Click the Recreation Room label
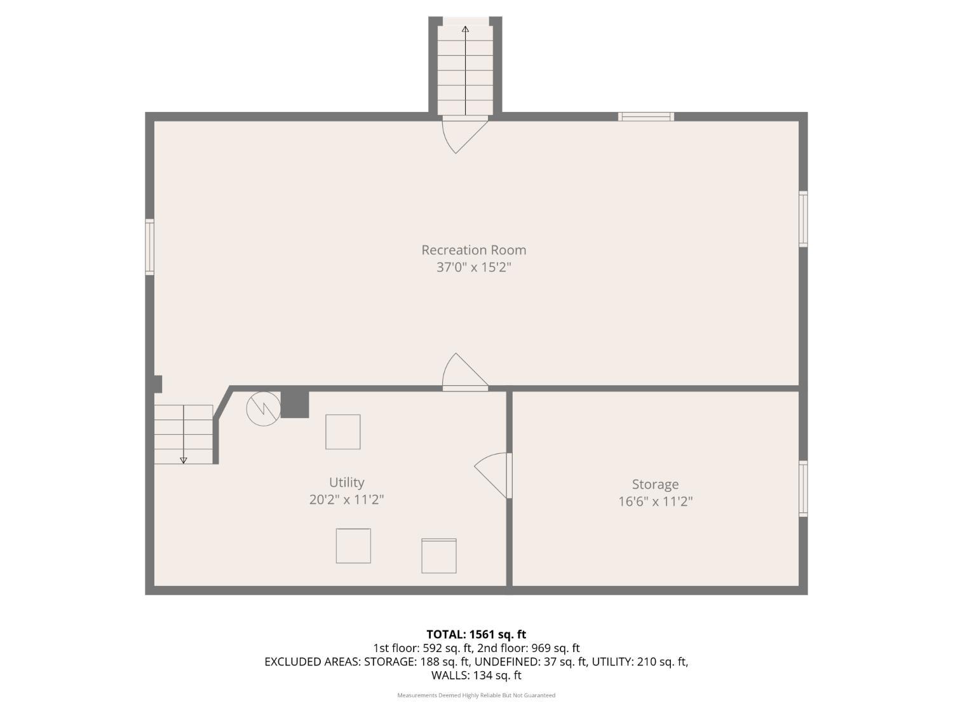(x=473, y=250)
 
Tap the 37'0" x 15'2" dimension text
(x=473, y=267)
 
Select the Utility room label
(x=346, y=482)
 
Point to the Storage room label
(x=655, y=484)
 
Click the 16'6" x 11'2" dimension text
(x=655, y=501)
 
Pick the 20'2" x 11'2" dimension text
(x=346, y=500)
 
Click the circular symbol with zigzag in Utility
(x=263, y=409)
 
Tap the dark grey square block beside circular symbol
(x=295, y=404)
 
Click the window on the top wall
(x=646, y=116)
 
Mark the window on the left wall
(x=150, y=247)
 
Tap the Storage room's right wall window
(x=803, y=488)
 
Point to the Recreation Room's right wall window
(x=803, y=219)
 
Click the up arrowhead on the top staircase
(x=465, y=29)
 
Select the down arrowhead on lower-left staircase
(x=184, y=460)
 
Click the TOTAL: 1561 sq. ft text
(x=476, y=634)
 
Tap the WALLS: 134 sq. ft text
(x=476, y=675)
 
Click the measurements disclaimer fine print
(x=476, y=695)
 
